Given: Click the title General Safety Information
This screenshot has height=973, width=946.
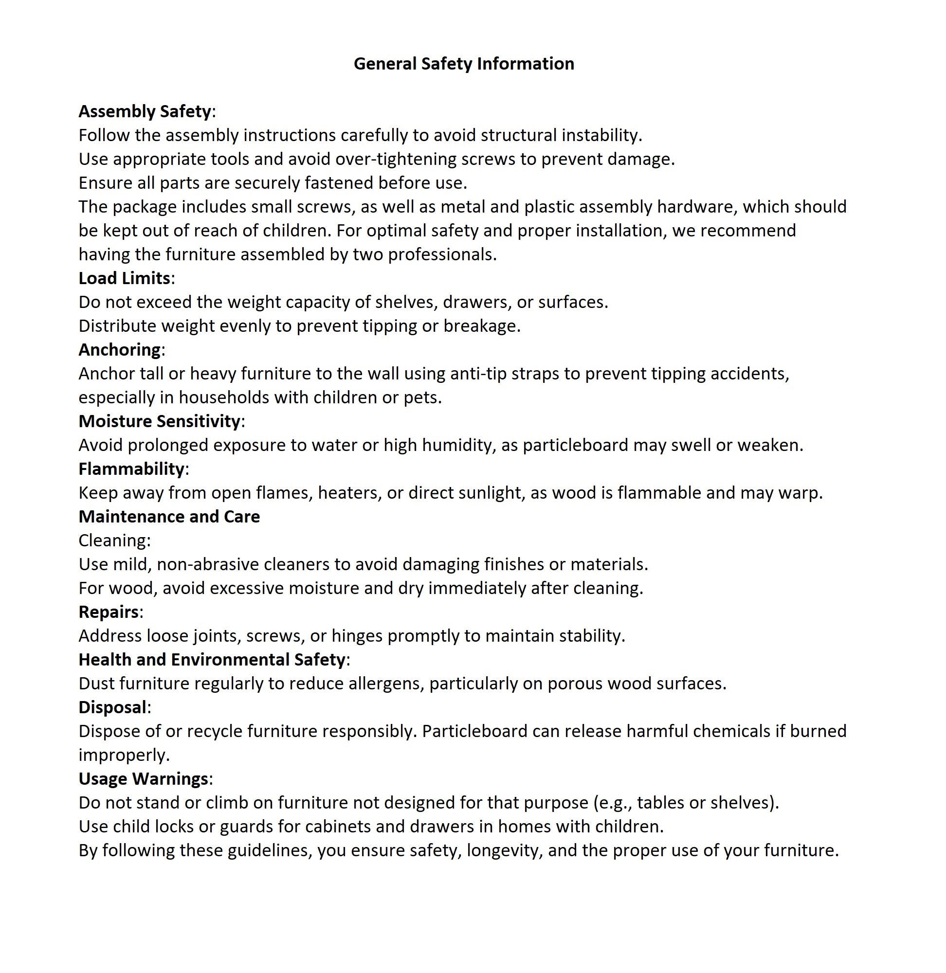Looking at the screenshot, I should coord(464,64).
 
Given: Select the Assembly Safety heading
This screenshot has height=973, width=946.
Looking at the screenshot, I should coord(145,111).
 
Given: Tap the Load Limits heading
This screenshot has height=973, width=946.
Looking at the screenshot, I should coord(124,278).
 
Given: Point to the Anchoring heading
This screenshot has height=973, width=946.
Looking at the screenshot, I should coord(119,350).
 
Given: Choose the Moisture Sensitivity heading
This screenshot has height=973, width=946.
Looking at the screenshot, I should coord(160,421).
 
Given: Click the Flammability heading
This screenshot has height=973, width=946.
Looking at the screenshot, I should coord(132,469).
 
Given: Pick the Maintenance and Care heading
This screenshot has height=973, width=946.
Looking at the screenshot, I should coord(169,517).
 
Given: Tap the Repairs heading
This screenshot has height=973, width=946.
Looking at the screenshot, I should coord(109,612).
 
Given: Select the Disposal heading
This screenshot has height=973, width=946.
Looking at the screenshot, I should coord(112,707).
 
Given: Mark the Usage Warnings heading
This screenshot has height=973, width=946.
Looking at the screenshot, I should coord(143,779).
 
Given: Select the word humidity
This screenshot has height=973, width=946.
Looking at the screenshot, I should coord(458,445).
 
